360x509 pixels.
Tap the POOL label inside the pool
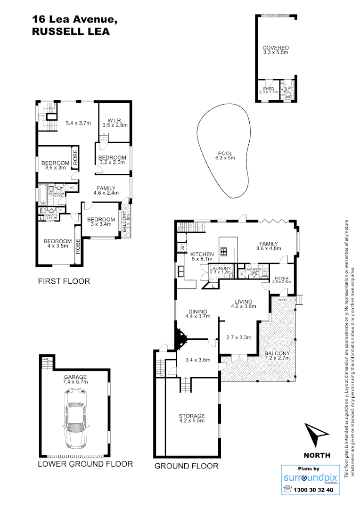pos(225,153)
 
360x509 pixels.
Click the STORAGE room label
pos(191,416)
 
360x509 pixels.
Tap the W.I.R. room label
pos(115,120)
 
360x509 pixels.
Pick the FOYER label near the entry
pos(281,279)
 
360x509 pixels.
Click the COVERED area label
pos(276,48)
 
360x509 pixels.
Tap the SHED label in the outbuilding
pos(269,89)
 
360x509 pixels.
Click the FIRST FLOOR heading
pos(64,281)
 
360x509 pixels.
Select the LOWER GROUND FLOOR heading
pos(85,464)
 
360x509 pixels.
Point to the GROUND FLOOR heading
pos(186,466)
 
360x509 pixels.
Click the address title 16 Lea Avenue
pos(74,19)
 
